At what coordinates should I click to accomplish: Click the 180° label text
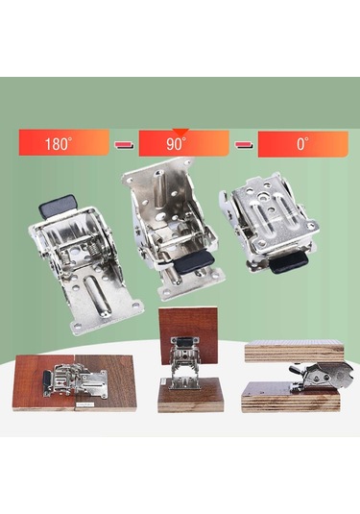click(58, 144)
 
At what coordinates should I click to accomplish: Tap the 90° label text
click(176, 144)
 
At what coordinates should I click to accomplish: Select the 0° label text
click(302, 144)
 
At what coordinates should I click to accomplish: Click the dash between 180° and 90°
click(124, 144)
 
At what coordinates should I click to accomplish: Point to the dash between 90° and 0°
click(244, 144)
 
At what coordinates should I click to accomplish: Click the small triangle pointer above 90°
click(180, 133)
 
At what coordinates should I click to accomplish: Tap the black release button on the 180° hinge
click(58, 206)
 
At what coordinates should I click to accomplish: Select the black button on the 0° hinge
click(288, 263)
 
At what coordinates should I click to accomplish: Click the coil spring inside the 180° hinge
click(92, 253)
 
